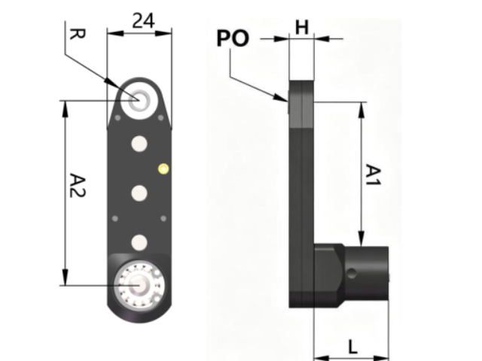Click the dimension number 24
143,21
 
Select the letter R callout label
77,34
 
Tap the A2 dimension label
78,186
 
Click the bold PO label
233,38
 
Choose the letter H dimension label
302,27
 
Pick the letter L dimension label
353,347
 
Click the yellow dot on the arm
163,168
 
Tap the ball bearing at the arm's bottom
139,285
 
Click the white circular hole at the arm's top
139,100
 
